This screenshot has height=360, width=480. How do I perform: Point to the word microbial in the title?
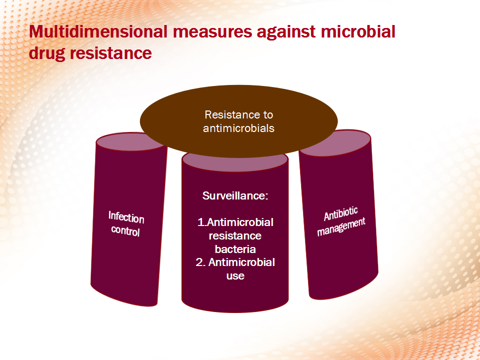(x=358, y=31)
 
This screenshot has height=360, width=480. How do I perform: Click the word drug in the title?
(x=47, y=53)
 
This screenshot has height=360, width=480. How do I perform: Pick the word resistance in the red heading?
(x=111, y=53)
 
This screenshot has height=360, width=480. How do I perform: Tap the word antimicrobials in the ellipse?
(x=238, y=128)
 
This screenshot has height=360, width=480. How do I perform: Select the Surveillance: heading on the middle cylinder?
(x=235, y=195)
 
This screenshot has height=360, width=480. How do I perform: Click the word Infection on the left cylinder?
(x=126, y=217)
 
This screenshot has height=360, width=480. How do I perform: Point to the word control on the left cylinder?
(x=125, y=230)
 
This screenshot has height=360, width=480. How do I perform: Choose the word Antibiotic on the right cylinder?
(x=340, y=213)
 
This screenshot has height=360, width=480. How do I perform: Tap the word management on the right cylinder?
(x=341, y=227)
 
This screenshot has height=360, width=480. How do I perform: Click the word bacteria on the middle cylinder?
(x=235, y=249)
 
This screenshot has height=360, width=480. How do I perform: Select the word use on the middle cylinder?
(x=235, y=276)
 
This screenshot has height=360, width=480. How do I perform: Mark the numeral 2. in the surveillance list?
(x=200, y=262)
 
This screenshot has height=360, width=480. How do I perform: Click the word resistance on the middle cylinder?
(x=235, y=235)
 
